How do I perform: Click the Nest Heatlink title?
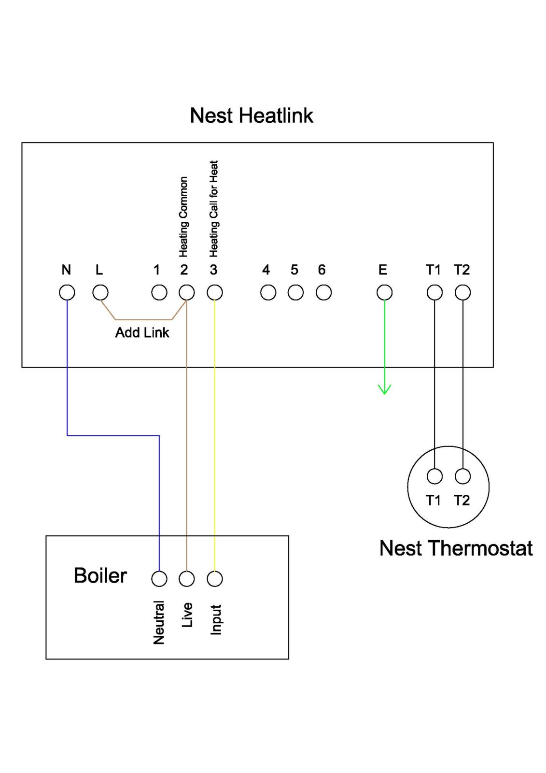252,116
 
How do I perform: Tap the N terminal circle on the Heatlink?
67,292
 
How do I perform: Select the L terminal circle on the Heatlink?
100,292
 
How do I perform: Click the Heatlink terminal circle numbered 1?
159,292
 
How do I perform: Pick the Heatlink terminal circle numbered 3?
215,292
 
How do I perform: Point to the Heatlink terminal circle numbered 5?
295,292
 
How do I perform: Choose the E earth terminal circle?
384,292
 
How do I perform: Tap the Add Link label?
142,333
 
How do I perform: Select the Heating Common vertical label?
183,216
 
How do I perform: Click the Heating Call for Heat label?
214,209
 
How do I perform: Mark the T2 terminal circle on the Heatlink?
462,292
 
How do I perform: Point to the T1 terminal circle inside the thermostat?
434,476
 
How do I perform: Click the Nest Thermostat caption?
456,548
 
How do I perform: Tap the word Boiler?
100,576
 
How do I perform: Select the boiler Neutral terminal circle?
159,578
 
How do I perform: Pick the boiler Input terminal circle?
215,578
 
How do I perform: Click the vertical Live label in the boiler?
187,615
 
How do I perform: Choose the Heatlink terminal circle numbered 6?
323,292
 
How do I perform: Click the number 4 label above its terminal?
266,270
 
